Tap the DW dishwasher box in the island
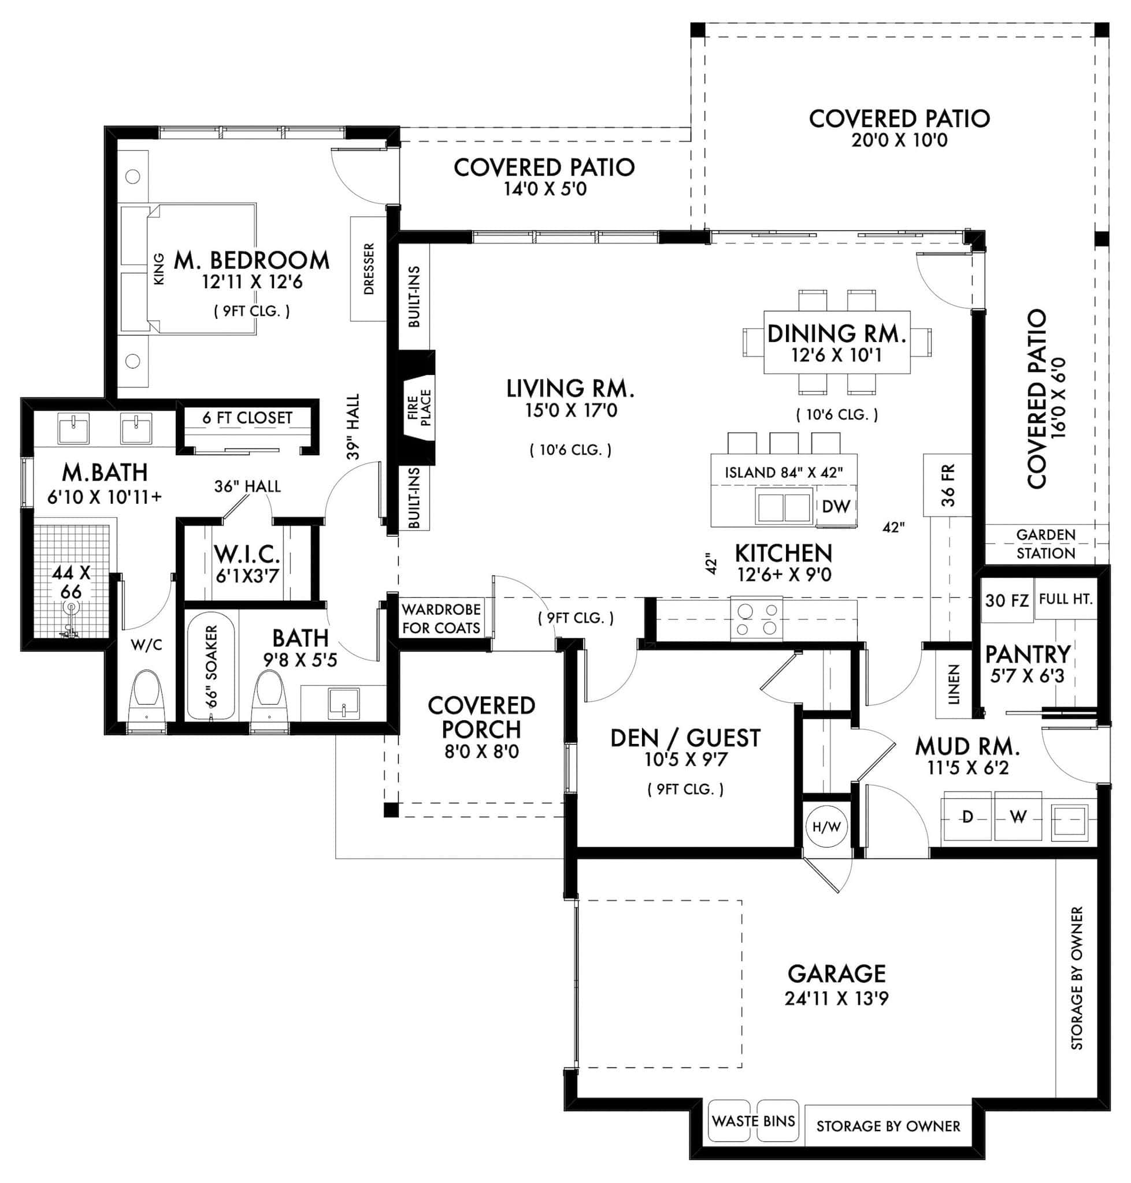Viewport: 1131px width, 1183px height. coord(836,506)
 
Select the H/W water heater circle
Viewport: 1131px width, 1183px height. coord(826,827)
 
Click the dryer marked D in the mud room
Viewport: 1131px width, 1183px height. coord(967,817)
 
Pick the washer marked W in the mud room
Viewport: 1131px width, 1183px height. coord(1018,817)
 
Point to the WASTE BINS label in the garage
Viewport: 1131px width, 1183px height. coord(753,1121)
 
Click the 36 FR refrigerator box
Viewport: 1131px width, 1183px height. coord(947,485)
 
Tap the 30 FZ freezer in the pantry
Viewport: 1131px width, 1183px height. coord(1007,600)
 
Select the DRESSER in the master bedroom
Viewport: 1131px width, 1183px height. coord(368,269)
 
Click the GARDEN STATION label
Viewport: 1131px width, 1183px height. coord(1045,544)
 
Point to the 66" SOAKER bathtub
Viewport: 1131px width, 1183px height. coord(211,666)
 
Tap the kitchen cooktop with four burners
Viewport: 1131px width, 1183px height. coord(757,619)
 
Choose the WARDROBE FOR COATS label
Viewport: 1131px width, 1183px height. coord(442,618)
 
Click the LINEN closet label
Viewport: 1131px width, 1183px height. coord(954,684)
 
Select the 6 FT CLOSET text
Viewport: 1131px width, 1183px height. coord(247,418)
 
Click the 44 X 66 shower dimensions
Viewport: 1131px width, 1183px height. coord(71,582)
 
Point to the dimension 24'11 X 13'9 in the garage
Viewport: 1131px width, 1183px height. coord(836,999)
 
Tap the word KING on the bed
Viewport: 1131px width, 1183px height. coord(158,269)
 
